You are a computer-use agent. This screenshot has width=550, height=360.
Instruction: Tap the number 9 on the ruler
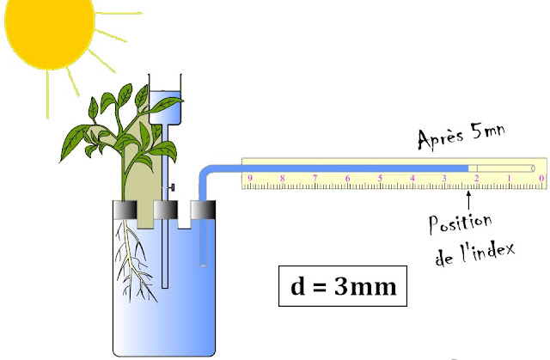[x=250, y=180]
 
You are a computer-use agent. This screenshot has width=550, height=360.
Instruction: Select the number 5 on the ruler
[x=381, y=180]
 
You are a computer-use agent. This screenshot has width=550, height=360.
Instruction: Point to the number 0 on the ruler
[x=541, y=180]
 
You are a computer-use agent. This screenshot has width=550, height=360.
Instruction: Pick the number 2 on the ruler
[x=477, y=180]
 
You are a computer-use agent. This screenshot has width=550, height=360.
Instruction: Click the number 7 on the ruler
[x=315, y=180]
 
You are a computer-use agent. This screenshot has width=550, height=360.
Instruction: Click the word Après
[x=440, y=138]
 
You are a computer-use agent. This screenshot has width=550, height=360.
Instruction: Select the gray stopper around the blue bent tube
[x=204, y=211]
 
